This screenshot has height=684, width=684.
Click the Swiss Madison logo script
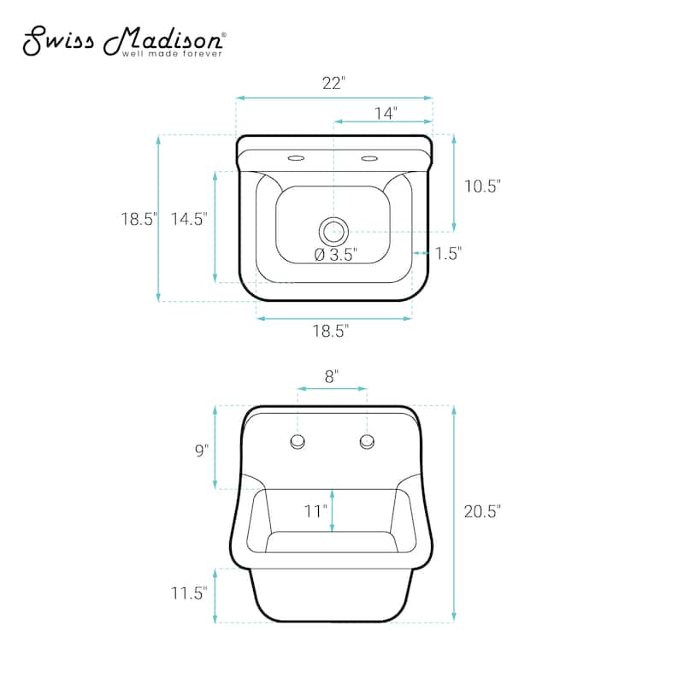click(124, 40)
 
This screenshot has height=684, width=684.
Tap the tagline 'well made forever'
click(172, 54)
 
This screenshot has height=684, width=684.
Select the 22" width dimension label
click(333, 83)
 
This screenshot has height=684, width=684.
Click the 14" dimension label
click(386, 114)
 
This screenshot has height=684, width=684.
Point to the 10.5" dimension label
click(482, 186)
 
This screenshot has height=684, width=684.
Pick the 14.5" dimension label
click(188, 219)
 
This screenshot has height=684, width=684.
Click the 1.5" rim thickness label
click(448, 253)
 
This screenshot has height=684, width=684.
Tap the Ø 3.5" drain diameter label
click(336, 254)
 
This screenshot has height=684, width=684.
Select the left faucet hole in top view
click(296, 158)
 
